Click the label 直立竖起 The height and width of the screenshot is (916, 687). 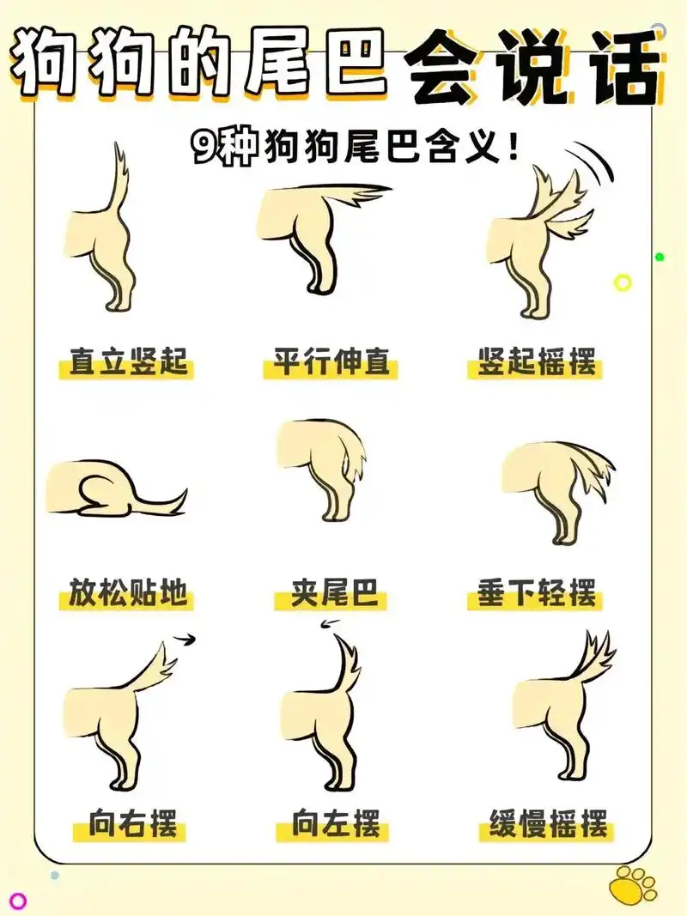click(129, 362)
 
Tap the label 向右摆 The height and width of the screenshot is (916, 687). click(133, 825)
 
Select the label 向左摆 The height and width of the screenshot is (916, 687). click(335, 825)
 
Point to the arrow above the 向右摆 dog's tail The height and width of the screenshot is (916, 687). click(185, 638)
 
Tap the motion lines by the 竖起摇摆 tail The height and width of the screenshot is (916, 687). click(595, 164)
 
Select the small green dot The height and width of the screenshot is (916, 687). click(660, 257)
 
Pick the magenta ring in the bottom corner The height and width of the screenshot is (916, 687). click(18, 901)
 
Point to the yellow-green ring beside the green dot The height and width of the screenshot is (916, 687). click(623, 282)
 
